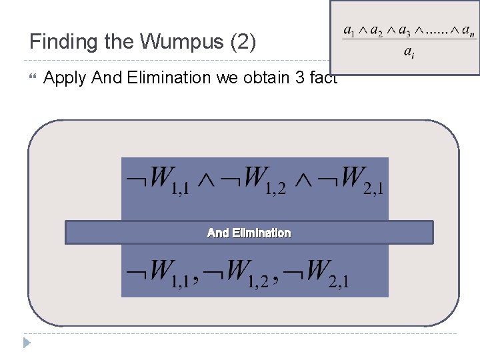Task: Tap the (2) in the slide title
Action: tap(241, 42)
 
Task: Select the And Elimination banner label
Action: tap(249, 233)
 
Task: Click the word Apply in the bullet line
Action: tap(65, 78)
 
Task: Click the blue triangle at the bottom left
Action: tap(27, 343)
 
